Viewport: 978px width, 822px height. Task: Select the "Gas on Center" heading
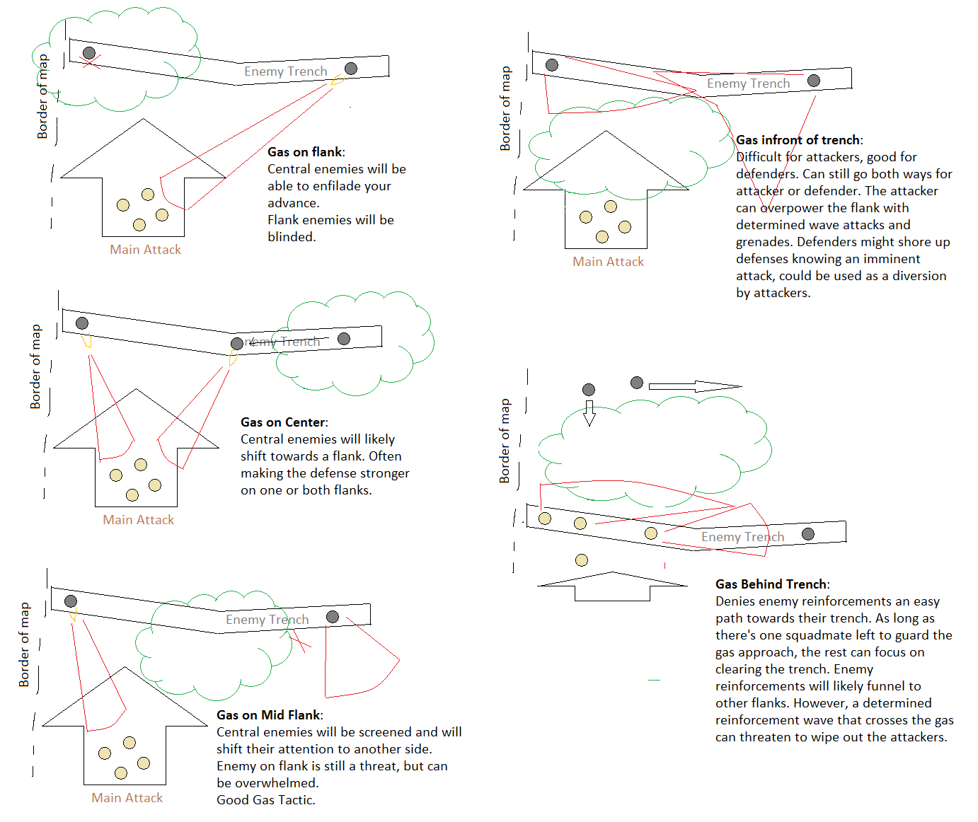(284, 422)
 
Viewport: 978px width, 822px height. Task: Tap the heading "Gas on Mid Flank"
(270, 715)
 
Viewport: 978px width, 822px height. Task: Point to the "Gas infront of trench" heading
(799, 140)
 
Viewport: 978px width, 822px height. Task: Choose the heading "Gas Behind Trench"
(772, 584)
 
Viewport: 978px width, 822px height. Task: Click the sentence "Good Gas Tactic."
(266, 800)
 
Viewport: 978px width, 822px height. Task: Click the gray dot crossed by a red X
(89, 53)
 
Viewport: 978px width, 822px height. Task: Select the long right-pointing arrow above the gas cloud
(694, 386)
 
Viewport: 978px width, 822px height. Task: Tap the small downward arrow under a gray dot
(589, 413)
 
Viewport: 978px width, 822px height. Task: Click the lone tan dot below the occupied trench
(582, 560)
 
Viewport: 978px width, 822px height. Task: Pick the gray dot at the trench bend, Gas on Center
(237, 344)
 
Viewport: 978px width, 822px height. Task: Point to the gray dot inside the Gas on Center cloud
(344, 339)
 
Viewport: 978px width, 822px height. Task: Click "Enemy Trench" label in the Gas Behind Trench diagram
(742, 537)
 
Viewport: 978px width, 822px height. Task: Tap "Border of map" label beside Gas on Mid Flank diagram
(25, 644)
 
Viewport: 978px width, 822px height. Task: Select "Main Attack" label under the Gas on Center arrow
(138, 520)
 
